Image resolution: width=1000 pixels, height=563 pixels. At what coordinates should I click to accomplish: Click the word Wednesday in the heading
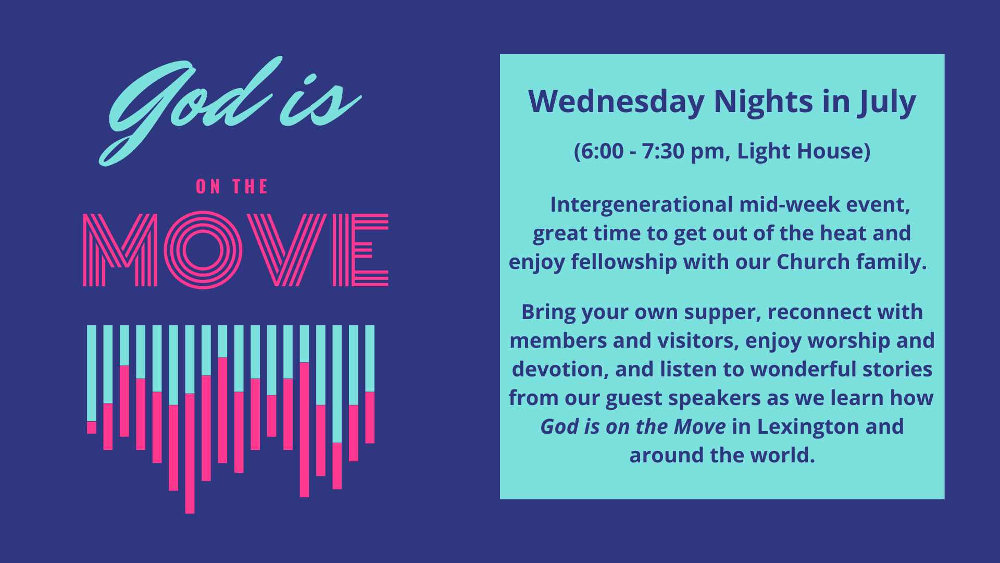pyautogui.click(x=616, y=102)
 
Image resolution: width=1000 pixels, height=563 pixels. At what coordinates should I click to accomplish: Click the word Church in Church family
pyautogui.click(x=813, y=262)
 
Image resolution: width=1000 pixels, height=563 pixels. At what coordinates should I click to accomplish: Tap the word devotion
pyautogui.click(x=560, y=370)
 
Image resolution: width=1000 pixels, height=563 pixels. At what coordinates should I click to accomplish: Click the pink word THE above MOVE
pyautogui.click(x=250, y=187)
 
